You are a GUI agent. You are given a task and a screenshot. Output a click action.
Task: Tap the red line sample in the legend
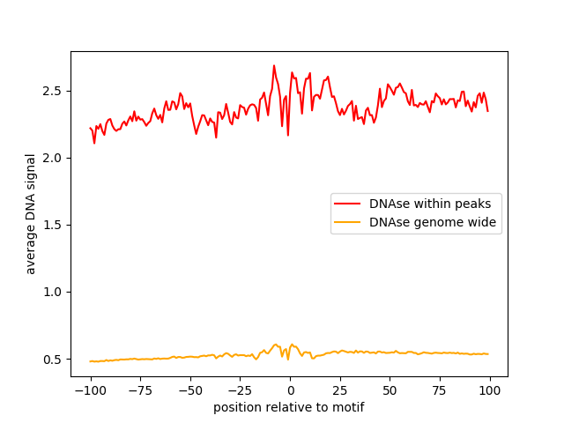[x=348, y=204]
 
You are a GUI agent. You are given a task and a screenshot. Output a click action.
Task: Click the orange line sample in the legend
[x=348, y=223]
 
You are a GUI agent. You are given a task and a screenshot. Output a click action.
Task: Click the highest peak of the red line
[x=274, y=65]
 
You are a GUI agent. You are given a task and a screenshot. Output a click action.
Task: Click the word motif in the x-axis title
[x=347, y=408]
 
